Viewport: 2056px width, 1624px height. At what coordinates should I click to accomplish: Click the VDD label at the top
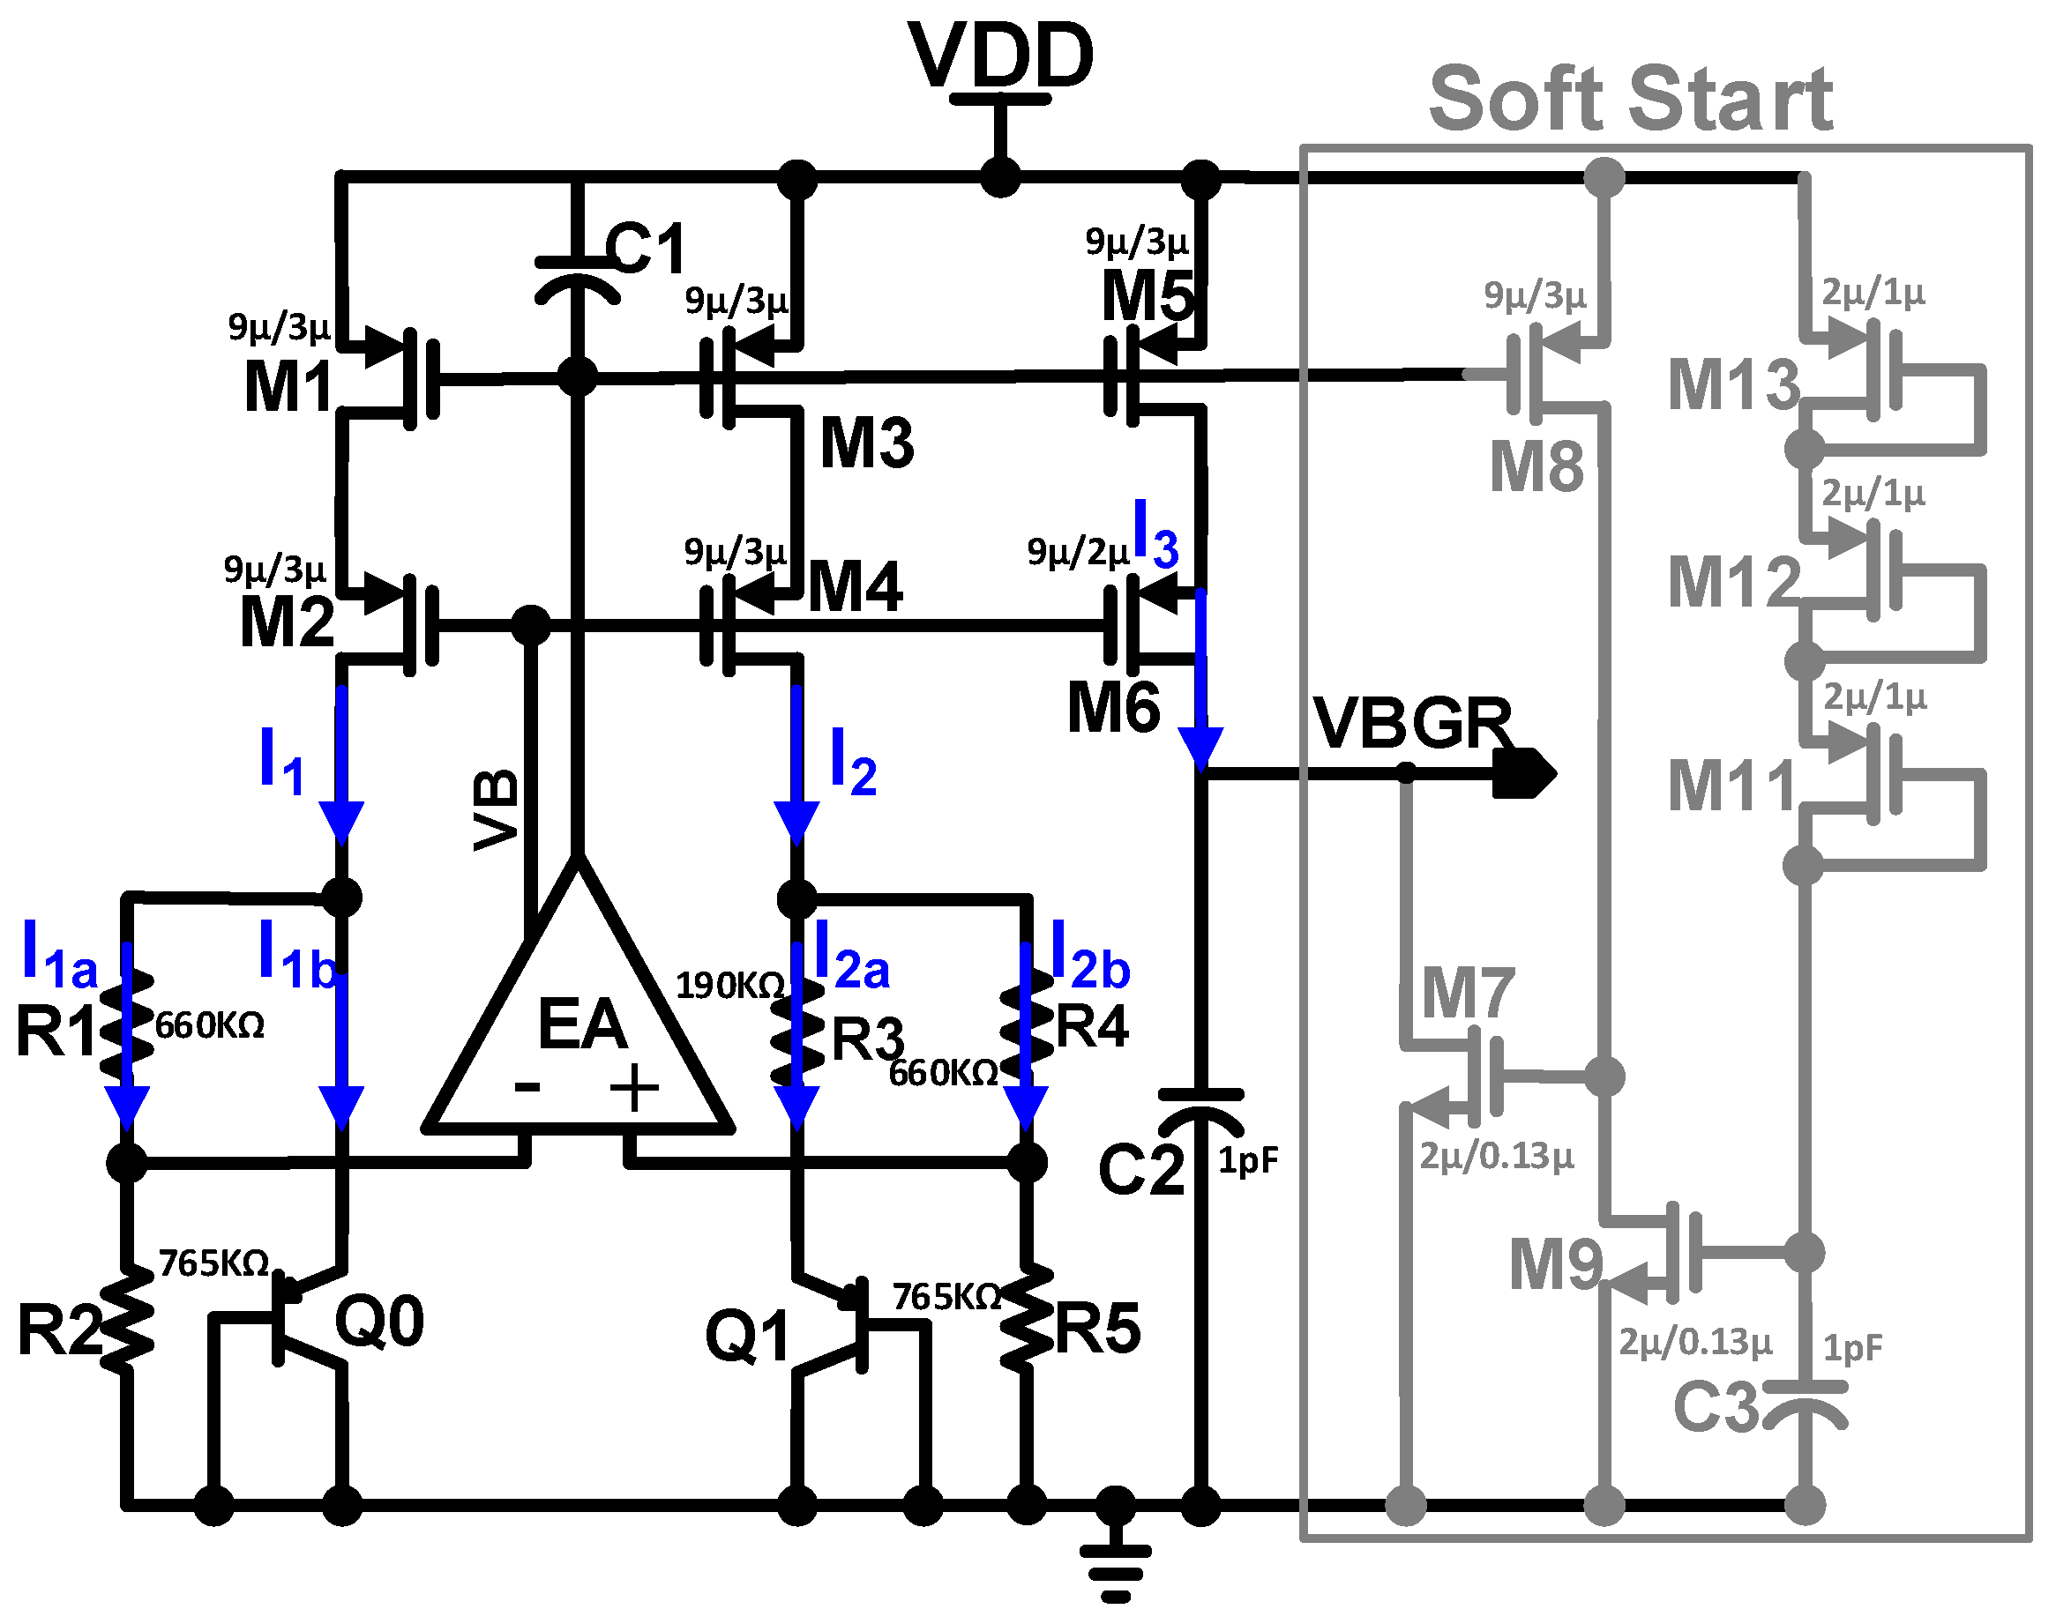click(1000, 56)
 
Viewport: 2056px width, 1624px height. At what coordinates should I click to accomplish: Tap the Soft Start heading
click(1630, 99)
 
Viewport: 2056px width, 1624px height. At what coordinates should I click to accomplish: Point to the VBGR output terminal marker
click(1524, 773)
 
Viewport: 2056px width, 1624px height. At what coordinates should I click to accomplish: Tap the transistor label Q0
click(378, 1322)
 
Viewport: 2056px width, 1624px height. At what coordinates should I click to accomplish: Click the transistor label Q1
click(746, 1336)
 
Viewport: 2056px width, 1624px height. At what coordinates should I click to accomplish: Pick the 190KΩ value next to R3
click(730, 986)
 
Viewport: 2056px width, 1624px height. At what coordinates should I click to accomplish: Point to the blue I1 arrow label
click(281, 761)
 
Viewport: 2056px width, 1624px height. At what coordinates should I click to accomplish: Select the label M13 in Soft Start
click(1734, 385)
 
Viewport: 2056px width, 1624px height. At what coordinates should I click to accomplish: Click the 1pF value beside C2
click(1248, 1161)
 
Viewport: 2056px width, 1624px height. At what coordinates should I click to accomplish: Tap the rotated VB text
click(497, 810)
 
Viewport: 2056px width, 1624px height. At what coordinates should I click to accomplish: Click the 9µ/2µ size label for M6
click(1078, 552)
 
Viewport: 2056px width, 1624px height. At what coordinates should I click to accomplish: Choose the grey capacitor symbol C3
click(1803, 1404)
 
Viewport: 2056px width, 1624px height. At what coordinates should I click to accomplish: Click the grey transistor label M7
click(1468, 994)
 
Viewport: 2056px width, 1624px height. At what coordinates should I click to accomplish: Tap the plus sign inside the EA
click(634, 1089)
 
